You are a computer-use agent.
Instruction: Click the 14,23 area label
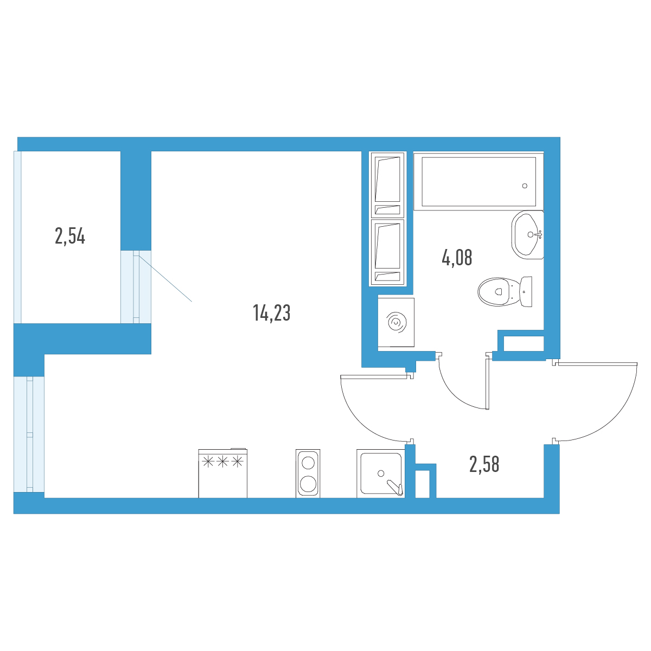pyautogui.click(x=272, y=313)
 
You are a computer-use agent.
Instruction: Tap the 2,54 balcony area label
pyautogui.click(x=70, y=236)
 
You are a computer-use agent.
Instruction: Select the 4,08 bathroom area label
pyautogui.click(x=457, y=258)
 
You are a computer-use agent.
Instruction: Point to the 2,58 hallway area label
pyautogui.click(x=484, y=464)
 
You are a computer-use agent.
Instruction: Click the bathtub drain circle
pyautogui.click(x=525, y=186)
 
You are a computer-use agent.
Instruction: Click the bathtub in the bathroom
pyautogui.click(x=478, y=181)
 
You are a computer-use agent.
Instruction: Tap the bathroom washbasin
pyautogui.click(x=527, y=235)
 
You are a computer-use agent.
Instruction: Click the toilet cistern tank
pyautogui.click(x=526, y=292)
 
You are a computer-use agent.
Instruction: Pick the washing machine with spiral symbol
pyautogui.click(x=396, y=322)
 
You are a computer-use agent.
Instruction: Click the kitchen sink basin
pyautogui.click(x=381, y=473)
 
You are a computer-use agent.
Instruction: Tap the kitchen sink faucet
pyautogui.click(x=395, y=488)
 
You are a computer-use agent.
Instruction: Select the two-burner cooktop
pyautogui.click(x=308, y=474)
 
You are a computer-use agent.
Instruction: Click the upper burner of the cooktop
pyautogui.click(x=308, y=463)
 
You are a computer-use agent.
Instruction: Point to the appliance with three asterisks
pyautogui.click(x=222, y=473)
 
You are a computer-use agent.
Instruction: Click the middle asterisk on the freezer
pyautogui.click(x=222, y=462)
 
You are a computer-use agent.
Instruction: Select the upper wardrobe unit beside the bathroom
pyautogui.click(x=387, y=185)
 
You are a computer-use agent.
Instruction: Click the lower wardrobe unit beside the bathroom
pyautogui.click(x=387, y=252)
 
